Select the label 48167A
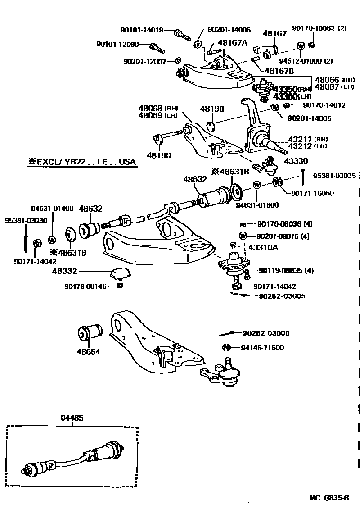click(x=233, y=43)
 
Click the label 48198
click(x=211, y=109)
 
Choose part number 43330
click(x=296, y=161)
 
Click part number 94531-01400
click(x=52, y=209)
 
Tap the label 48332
click(x=65, y=271)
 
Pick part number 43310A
click(x=263, y=248)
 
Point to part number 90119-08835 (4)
click(x=286, y=271)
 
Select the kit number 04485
click(x=72, y=418)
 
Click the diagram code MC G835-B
click(x=328, y=498)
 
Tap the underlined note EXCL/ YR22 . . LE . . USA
click(x=81, y=162)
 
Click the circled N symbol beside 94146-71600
click(x=226, y=348)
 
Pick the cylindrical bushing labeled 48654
click(x=89, y=333)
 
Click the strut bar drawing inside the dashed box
click(x=74, y=459)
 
